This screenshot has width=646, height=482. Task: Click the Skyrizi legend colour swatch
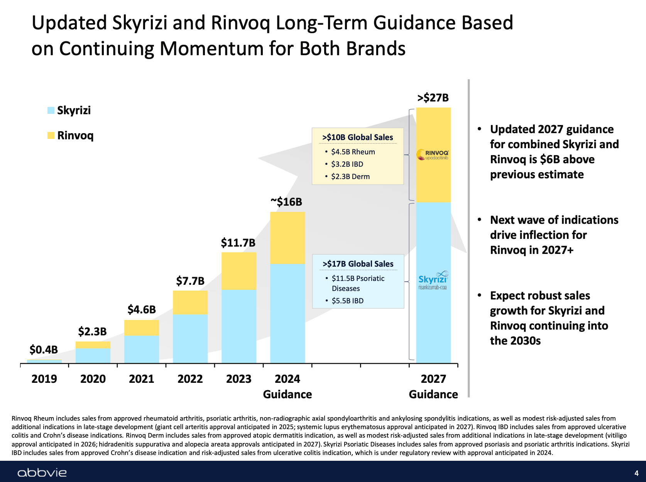pos(51,110)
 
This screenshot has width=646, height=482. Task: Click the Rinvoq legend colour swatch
pos(51,135)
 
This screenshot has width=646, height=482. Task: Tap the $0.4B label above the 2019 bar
pos(44,350)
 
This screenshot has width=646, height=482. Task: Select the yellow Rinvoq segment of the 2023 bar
pos(239,271)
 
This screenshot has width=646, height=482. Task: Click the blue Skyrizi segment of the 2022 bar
pos(190,338)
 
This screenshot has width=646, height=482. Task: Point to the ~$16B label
pos(286,202)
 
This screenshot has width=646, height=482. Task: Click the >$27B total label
pos(433,98)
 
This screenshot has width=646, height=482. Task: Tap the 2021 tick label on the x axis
pos(141,379)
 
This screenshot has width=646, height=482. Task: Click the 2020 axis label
pos(93,379)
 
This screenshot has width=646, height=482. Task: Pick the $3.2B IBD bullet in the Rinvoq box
pos(347,164)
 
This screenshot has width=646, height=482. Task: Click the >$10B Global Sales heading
pos(358,137)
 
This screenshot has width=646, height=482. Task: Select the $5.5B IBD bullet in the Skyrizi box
pos(347,301)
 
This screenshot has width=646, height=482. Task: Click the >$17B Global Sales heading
pos(358,264)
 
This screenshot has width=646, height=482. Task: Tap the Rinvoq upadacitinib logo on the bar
pos(433,155)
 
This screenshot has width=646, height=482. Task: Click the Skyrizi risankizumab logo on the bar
pos(433,280)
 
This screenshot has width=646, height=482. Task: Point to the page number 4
pos(636,473)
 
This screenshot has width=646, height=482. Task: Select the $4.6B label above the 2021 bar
pos(142,309)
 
